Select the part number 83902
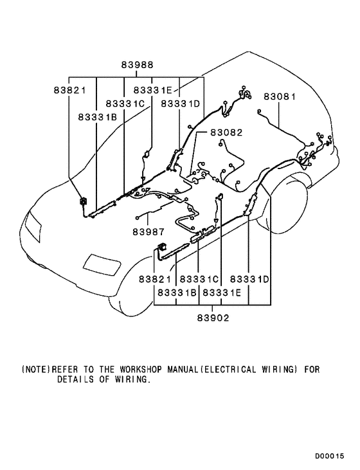(x=213, y=317)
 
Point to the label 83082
(x=227, y=132)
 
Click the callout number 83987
(x=148, y=231)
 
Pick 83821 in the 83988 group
(x=69, y=91)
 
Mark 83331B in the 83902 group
(x=175, y=293)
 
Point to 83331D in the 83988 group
(x=181, y=104)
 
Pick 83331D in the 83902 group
(x=249, y=280)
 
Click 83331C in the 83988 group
(x=125, y=104)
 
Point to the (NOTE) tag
(x=36, y=370)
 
